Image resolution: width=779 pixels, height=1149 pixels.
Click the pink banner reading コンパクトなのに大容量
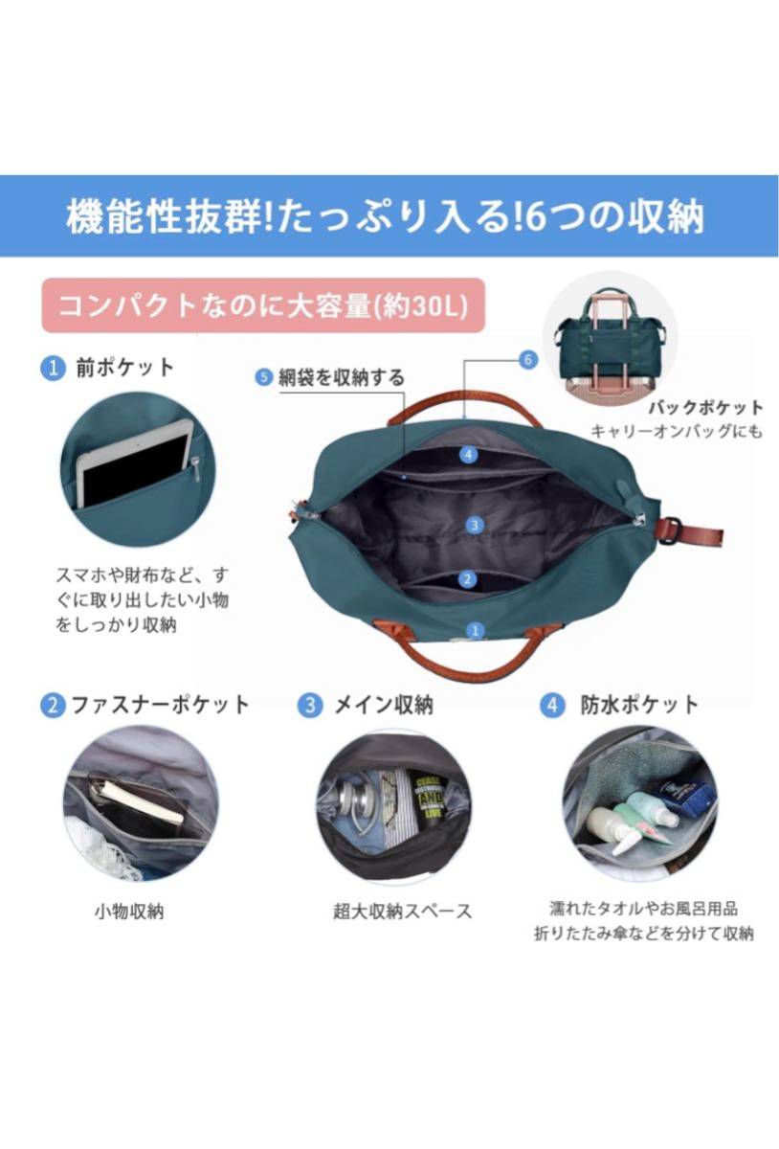coord(263,305)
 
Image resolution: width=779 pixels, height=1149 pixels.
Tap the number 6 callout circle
coord(528,360)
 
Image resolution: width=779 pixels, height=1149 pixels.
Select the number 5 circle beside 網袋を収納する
coord(263,377)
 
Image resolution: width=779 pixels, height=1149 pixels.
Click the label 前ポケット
coord(125,368)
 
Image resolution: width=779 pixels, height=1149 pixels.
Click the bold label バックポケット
coord(706,408)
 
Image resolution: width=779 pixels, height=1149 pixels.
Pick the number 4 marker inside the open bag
coord(468,455)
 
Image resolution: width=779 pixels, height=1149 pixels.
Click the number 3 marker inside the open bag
coord(475,526)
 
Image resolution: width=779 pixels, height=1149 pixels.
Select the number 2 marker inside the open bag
coord(467,579)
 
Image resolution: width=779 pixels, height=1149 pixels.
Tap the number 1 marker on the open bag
coord(475,630)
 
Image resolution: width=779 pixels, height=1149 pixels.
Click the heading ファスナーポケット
coord(161,705)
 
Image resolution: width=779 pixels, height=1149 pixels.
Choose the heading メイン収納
coord(384,705)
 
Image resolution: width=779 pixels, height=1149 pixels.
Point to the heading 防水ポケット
coord(639,705)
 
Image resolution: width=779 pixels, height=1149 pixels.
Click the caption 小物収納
coord(129,912)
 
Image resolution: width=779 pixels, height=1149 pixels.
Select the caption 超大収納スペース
coord(403,912)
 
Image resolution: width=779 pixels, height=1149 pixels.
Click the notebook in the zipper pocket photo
coord(144,803)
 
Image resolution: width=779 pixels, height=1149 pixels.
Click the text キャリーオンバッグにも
coord(677,432)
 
